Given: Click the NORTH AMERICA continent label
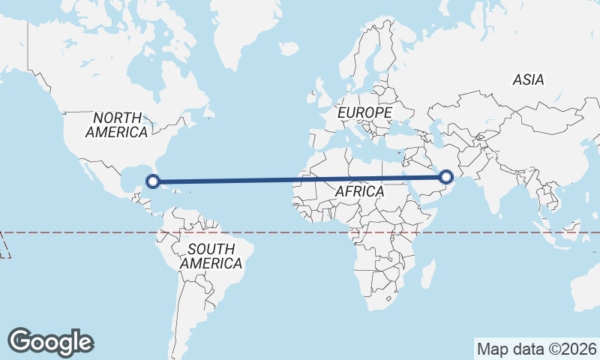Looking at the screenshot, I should pyautogui.click(x=116, y=124).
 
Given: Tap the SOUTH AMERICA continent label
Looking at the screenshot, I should pyautogui.click(x=211, y=256).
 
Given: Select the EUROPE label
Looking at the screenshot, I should pyautogui.click(x=364, y=112).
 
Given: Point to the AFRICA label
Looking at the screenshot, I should pyautogui.click(x=359, y=192).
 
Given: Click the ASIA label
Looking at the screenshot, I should pyautogui.click(x=528, y=79).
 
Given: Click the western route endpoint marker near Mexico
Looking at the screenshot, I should pyautogui.click(x=153, y=181).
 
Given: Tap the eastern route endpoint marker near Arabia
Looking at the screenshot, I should pyautogui.click(x=446, y=177).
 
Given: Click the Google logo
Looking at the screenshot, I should pyautogui.click(x=50, y=341).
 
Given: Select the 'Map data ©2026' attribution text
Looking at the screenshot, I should pyautogui.click(x=536, y=349).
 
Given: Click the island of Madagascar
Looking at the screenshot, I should pyautogui.click(x=427, y=273).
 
